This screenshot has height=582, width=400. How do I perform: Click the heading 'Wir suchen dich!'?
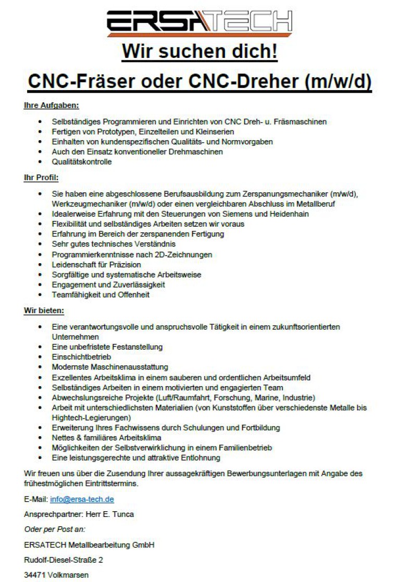click(x=199, y=52)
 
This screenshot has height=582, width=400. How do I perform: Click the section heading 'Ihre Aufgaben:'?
click(x=51, y=106)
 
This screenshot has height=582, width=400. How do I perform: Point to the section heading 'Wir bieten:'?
click(x=44, y=311)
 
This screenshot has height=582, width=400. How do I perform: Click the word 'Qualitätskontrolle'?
click(x=82, y=162)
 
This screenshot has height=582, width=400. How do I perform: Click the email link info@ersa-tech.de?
click(x=82, y=500)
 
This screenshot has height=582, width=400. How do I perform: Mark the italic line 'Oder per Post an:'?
click(x=51, y=529)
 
